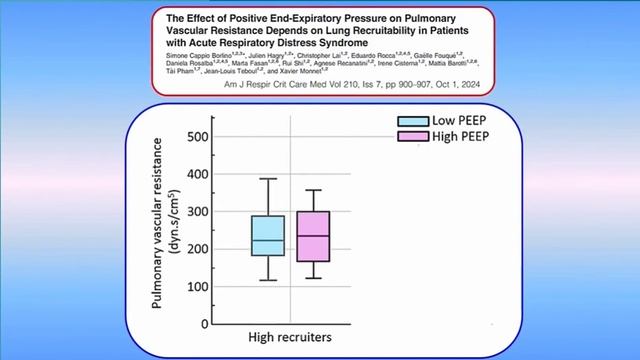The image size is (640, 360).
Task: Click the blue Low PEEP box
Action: click(x=268, y=236)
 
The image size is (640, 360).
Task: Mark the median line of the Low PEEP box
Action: click(x=268, y=241)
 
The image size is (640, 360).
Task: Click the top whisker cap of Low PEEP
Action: click(x=268, y=179)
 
